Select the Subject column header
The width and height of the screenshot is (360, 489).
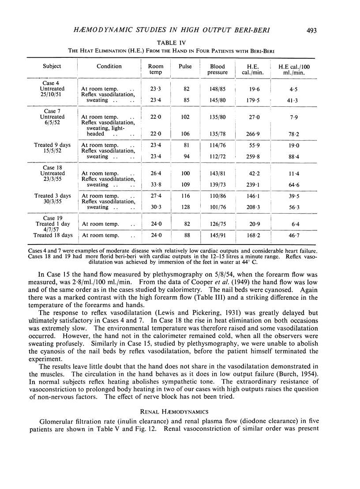click(52, 66)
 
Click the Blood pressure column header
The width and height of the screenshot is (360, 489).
click(218, 69)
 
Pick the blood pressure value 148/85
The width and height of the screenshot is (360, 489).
click(219, 88)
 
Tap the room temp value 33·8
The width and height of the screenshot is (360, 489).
click(155, 185)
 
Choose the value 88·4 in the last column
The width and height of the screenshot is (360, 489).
click(295, 157)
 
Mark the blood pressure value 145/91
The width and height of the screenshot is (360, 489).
click(219, 235)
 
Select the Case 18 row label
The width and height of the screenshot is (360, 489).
click(52, 168)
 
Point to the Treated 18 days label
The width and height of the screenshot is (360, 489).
click(52, 235)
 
